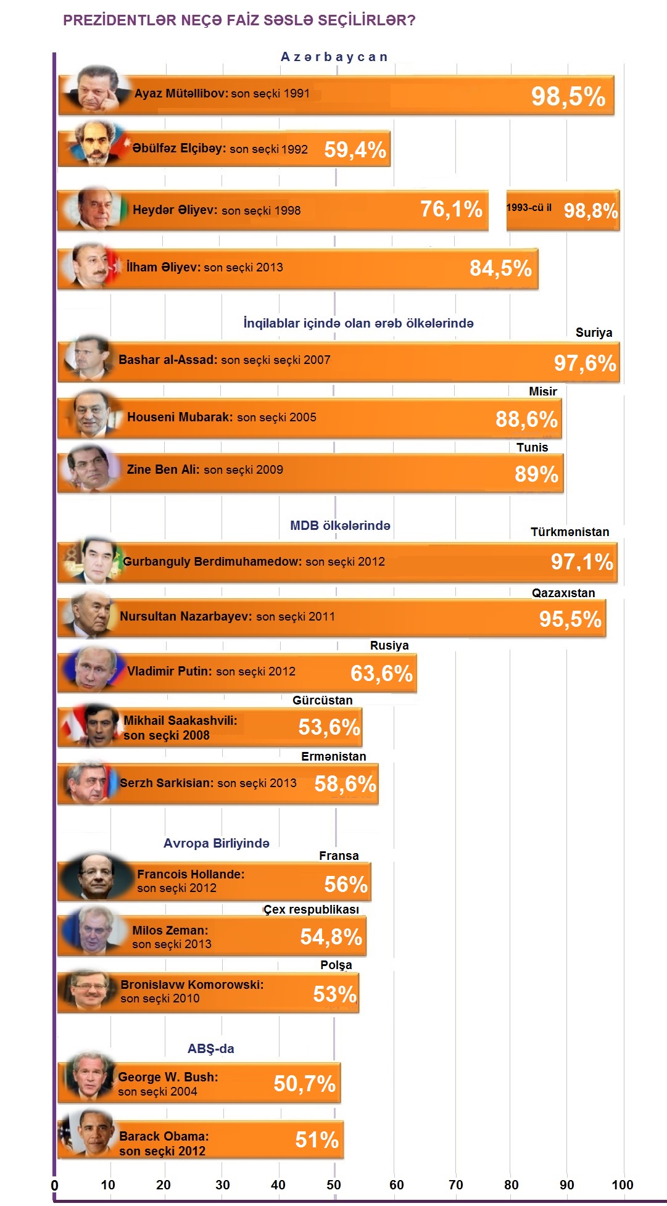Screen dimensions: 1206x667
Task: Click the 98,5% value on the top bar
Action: (x=568, y=97)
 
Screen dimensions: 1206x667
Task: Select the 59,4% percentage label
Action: (x=355, y=150)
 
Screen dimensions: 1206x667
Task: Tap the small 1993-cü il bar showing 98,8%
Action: (x=563, y=210)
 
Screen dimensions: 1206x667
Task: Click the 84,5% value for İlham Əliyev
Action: (x=500, y=268)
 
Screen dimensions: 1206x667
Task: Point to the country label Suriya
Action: (x=594, y=333)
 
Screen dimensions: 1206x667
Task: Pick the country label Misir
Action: (x=542, y=392)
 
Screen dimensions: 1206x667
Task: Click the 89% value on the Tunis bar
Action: (x=536, y=474)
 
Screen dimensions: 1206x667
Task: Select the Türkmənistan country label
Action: (x=570, y=532)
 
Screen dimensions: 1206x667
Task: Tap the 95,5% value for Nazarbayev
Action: (x=570, y=619)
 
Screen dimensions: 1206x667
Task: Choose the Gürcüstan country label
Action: (x=322, y=701)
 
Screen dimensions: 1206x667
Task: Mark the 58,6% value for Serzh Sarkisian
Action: (x=345, y=784)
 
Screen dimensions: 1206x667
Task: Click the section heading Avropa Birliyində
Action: (x=216, y=843)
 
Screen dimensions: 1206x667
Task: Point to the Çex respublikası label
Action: (x=311, y=910)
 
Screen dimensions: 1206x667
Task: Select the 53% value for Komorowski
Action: (x=334, y=994)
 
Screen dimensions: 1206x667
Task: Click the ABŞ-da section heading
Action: (x=210, y=1049)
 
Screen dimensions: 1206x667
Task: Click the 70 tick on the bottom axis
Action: (x=455, y=1184)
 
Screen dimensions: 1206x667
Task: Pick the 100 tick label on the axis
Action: (x=622, y=1184)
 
